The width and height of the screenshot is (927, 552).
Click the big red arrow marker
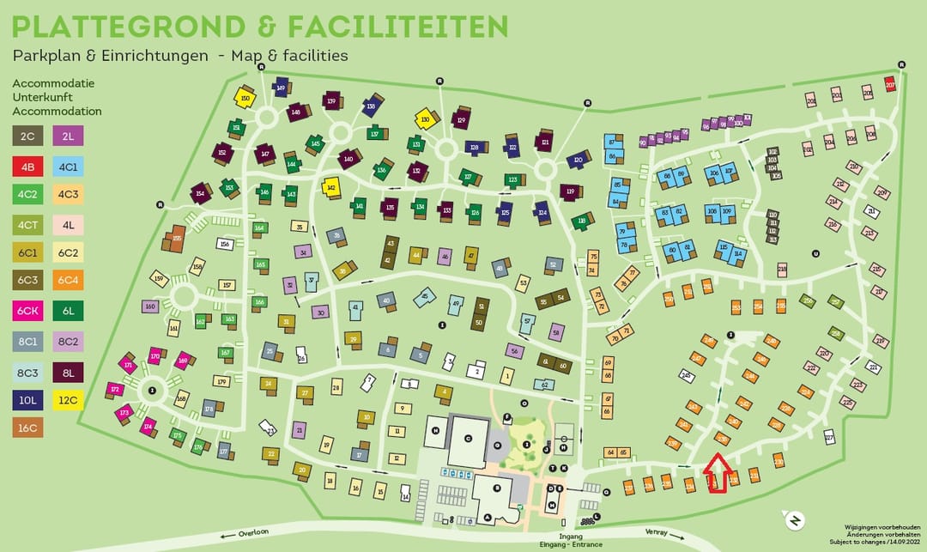point(717,475)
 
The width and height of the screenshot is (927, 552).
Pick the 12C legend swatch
point(68,398)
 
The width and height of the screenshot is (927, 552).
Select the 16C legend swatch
point(27,427)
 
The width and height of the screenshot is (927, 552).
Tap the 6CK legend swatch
point(27,311)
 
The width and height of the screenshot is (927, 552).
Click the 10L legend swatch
point(27,398)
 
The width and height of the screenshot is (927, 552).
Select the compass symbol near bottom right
point(795,520)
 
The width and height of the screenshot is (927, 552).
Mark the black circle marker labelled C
point(468,438)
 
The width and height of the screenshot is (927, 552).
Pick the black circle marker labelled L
point(597,516)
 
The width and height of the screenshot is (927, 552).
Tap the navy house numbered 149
point(281,87)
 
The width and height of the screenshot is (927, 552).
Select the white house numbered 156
point(225,244)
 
